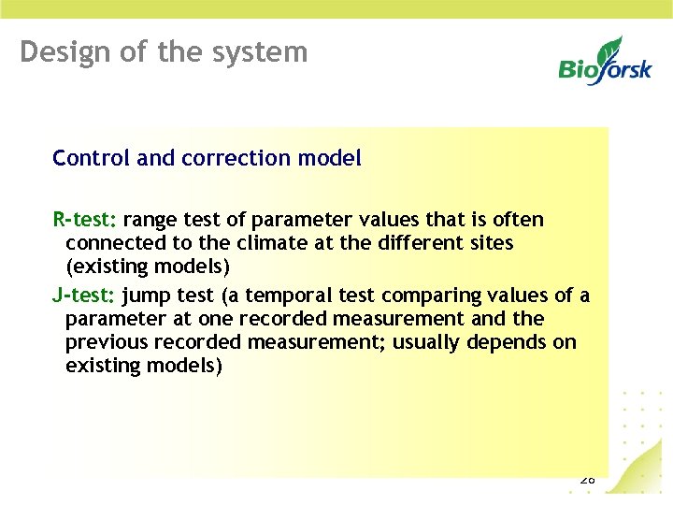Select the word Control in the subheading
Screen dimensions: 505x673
92,158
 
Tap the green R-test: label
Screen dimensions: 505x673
85,220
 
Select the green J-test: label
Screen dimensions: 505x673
84,296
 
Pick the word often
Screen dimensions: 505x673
518,220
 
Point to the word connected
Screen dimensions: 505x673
110,243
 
